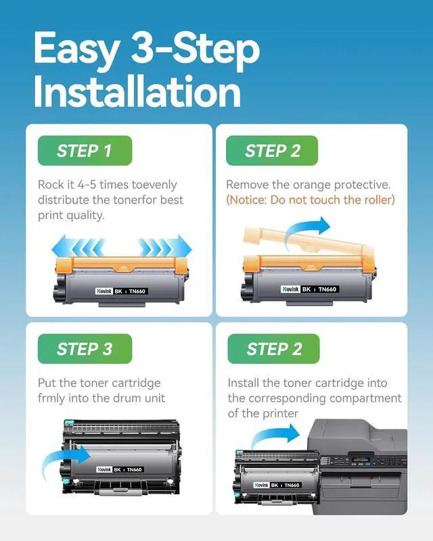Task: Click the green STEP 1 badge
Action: (x=85, y=150)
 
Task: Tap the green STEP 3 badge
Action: (x=85, y=348)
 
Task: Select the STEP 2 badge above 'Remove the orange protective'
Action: (x=272, y=150)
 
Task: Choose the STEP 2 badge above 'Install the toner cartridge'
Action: (x=274, y=348)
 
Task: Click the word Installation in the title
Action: (x=137, y=91)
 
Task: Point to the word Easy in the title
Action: (x=77, y=49)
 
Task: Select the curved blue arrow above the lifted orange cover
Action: (x=306, y=231)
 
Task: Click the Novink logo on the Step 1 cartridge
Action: (x=104, y=291)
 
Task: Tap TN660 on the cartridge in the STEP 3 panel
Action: (x=135, y=469)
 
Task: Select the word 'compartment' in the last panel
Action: (x=365, y=399)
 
